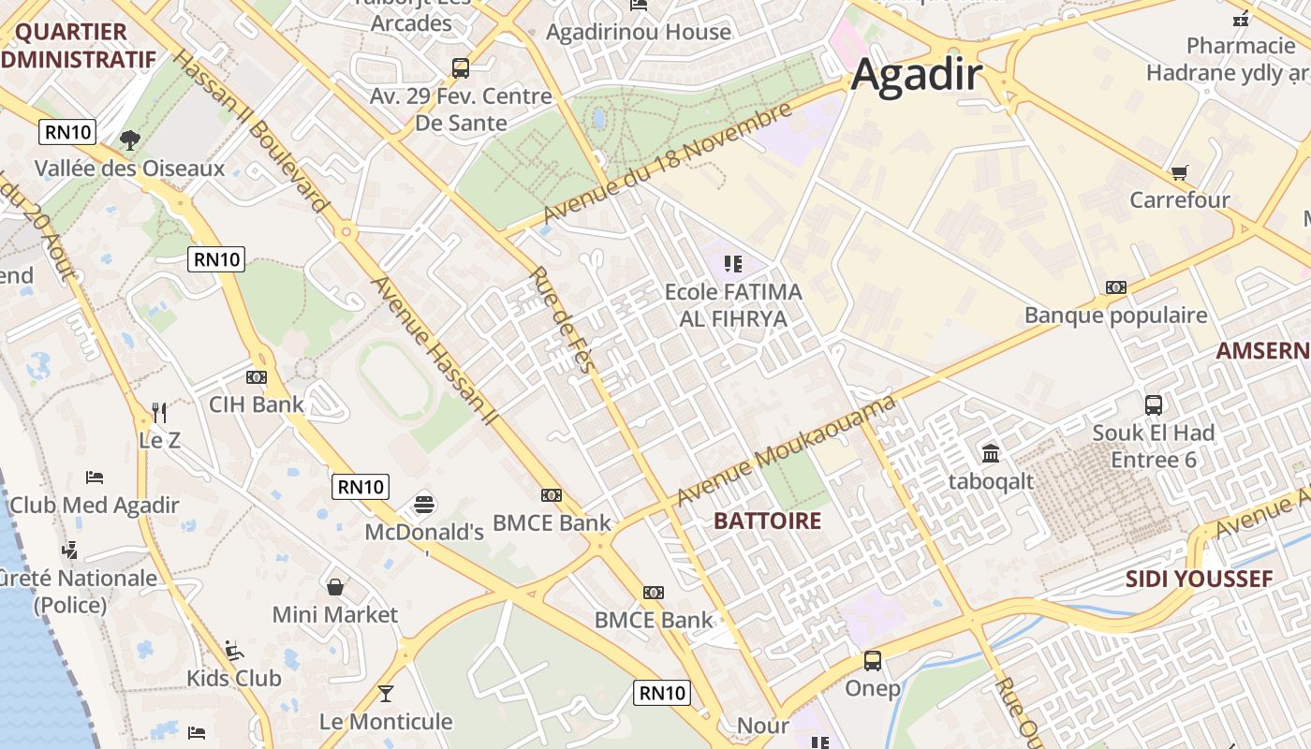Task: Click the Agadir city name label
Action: [917, 75]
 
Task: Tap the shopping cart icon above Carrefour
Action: [1179, 172]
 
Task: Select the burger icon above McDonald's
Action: [424, 505]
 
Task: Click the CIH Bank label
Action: [256, 404]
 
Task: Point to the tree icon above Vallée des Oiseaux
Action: [130, 140]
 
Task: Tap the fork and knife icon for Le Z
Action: [159, 412]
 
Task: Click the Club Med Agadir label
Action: [94, 506]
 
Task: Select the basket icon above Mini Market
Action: [335, 587]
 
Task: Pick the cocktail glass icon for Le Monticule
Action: [385, 694]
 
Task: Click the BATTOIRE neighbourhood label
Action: [767, 521]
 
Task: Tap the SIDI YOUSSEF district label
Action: [1199, 579]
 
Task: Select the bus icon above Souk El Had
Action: [1154, 405]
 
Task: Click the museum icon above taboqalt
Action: [991, 454]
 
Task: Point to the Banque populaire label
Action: [1115, 316]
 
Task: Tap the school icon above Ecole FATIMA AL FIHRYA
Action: [733, 265]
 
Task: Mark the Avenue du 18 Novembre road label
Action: [667, 165]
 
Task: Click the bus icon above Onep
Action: [873, 661]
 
